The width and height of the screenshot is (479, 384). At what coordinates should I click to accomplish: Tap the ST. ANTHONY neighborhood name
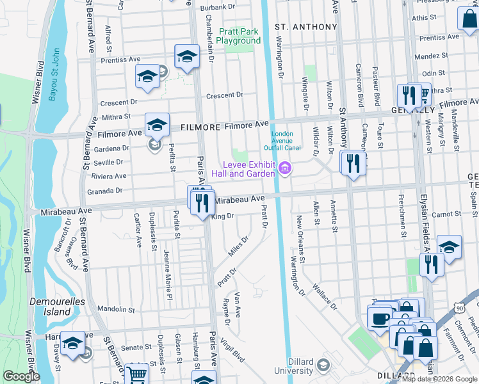click(305, 27)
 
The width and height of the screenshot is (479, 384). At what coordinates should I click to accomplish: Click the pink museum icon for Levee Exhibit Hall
click(284, 168)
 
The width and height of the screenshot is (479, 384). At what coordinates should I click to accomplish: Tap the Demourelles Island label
click(50, 307)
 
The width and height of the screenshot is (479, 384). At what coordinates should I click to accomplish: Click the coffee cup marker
click(380, 318)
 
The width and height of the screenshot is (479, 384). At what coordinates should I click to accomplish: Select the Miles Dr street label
click(239, 246)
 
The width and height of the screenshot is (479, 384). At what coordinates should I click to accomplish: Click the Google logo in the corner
click(21, 376)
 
